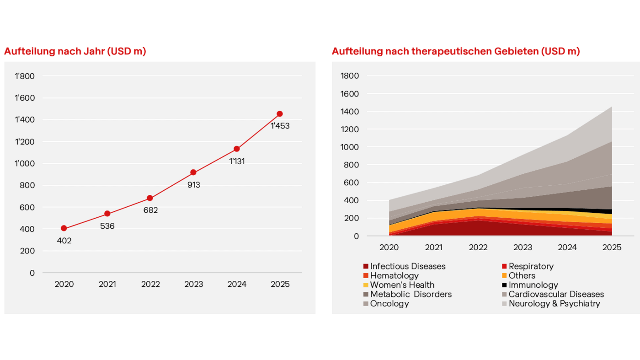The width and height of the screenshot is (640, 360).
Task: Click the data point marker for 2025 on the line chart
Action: click(280, 114)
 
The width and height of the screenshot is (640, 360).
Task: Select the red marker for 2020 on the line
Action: click(64, 228)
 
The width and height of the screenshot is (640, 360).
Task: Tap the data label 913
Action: click(194, 185)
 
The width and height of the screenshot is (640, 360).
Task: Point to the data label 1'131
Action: click(237, 161)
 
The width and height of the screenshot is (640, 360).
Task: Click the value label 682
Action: click(150, 210)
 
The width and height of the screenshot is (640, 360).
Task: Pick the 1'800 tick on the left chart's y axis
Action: click(25, 76)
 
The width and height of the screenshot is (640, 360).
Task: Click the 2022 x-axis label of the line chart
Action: click(150, 285)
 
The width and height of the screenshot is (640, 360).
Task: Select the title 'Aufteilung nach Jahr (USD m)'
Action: click(75, 51)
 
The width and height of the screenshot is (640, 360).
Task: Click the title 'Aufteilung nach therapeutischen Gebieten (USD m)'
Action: click(456, 51)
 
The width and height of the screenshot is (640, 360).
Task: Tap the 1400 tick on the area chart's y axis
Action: click(351, 112)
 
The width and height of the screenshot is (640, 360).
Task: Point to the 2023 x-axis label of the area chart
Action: click(523, 247)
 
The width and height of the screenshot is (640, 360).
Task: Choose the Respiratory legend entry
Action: click(531, 266)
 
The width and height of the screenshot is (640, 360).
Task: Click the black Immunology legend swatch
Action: click(504, 285)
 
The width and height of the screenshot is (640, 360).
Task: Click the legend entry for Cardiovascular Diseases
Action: click(556, 294)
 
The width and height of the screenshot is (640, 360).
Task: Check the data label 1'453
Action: click(280, 126)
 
